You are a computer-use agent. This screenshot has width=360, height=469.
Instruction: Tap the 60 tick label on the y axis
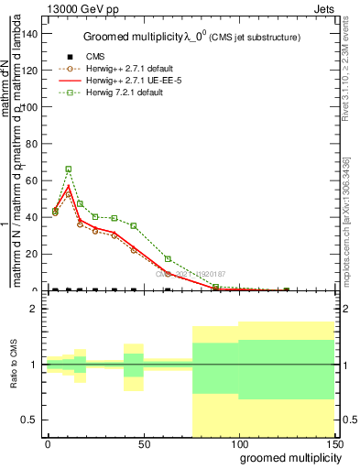(x=32, y=180)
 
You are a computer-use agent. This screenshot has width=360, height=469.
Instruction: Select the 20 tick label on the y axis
(x=32, y=254)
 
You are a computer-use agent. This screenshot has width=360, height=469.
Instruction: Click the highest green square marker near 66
(x=69, y=169)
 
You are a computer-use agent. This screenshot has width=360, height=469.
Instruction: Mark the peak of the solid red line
(x=69, y=186)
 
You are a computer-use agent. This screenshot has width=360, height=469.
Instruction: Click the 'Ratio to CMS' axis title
(x=15, y=365)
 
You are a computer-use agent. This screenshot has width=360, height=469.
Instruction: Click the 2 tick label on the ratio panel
(x=35, y=309)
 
